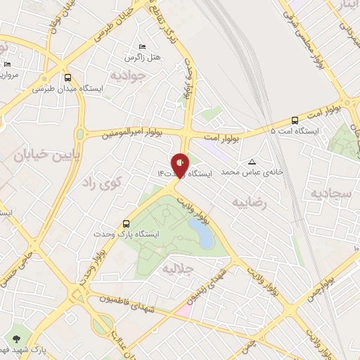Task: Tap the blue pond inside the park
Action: [201, 233]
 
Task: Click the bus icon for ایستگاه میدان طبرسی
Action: [67, 77]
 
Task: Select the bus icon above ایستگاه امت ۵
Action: [295, 120]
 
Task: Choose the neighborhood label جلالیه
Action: [176, 268]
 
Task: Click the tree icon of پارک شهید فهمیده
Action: [17, 338]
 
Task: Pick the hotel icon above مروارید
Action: [7, 64]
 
